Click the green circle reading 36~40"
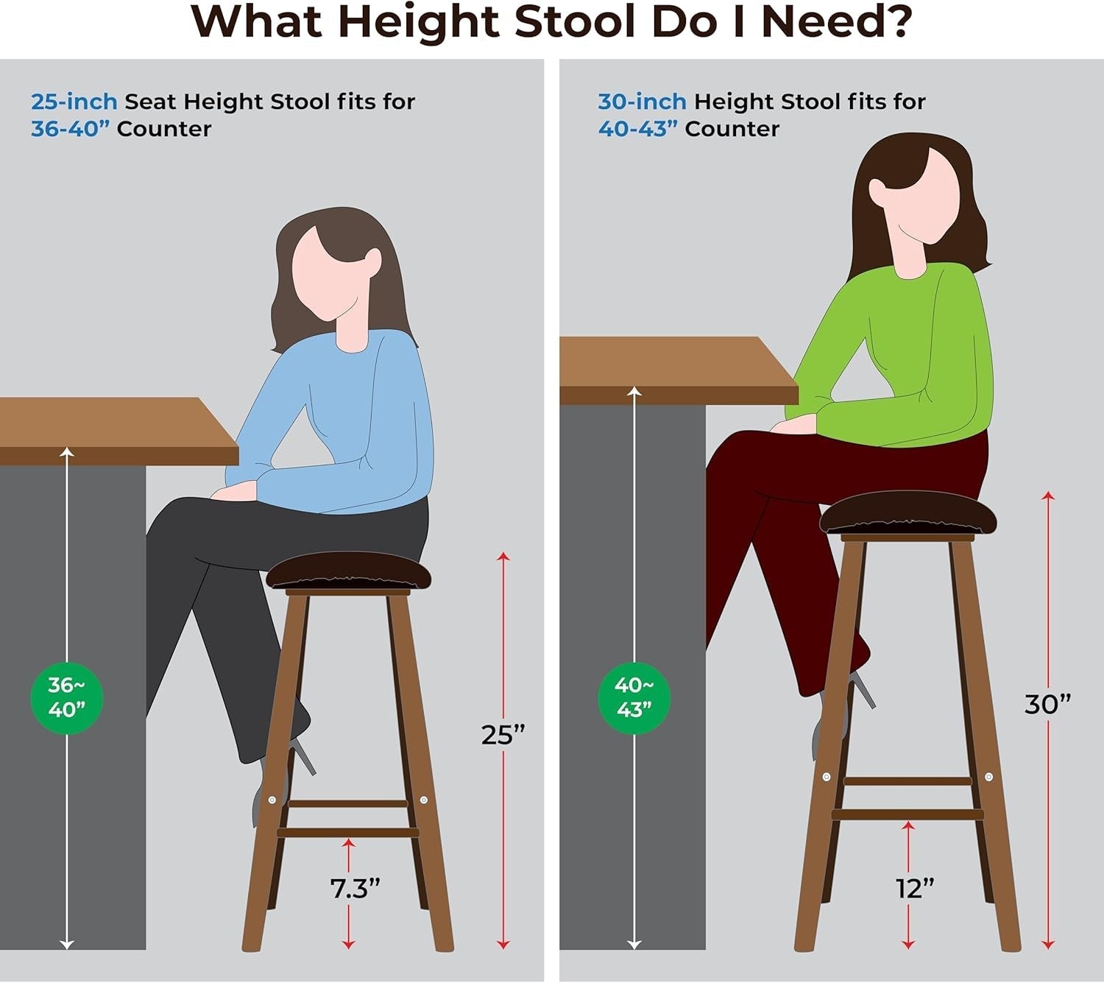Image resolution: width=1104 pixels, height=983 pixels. tap(66, 697)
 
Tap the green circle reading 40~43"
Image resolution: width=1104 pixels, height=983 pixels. tap(634, 697)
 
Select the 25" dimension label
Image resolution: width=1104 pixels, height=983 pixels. tap(503, 734)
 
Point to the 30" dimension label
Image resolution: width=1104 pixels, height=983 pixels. tap(1047, 704)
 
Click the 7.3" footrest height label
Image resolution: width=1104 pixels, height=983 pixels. tap(355, 889)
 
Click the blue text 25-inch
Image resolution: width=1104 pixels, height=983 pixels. tap(74, 101)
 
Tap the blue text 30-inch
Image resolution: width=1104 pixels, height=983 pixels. tap(642, 101)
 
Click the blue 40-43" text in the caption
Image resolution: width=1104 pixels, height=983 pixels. tap(637, 129)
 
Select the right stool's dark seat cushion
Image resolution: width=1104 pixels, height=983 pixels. tap(907, 513)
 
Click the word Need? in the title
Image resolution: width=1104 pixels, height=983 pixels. tap(836, 22)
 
